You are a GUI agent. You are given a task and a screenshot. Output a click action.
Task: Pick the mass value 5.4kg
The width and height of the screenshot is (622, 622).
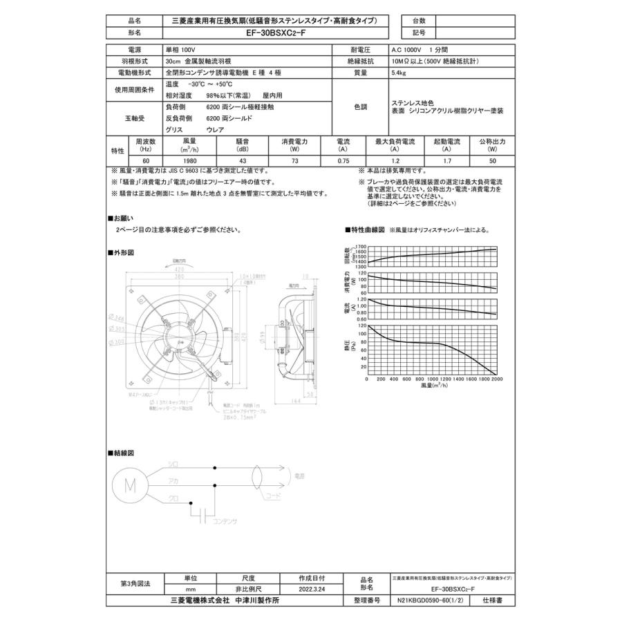click(398, 73)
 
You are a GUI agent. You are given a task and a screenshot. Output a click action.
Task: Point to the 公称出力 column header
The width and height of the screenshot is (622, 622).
click(491, 141)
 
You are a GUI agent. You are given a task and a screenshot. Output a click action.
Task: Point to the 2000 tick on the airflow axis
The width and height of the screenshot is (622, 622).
click(496, 379)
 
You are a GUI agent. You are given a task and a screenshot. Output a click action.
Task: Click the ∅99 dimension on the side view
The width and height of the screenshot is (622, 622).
click(263, 336)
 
